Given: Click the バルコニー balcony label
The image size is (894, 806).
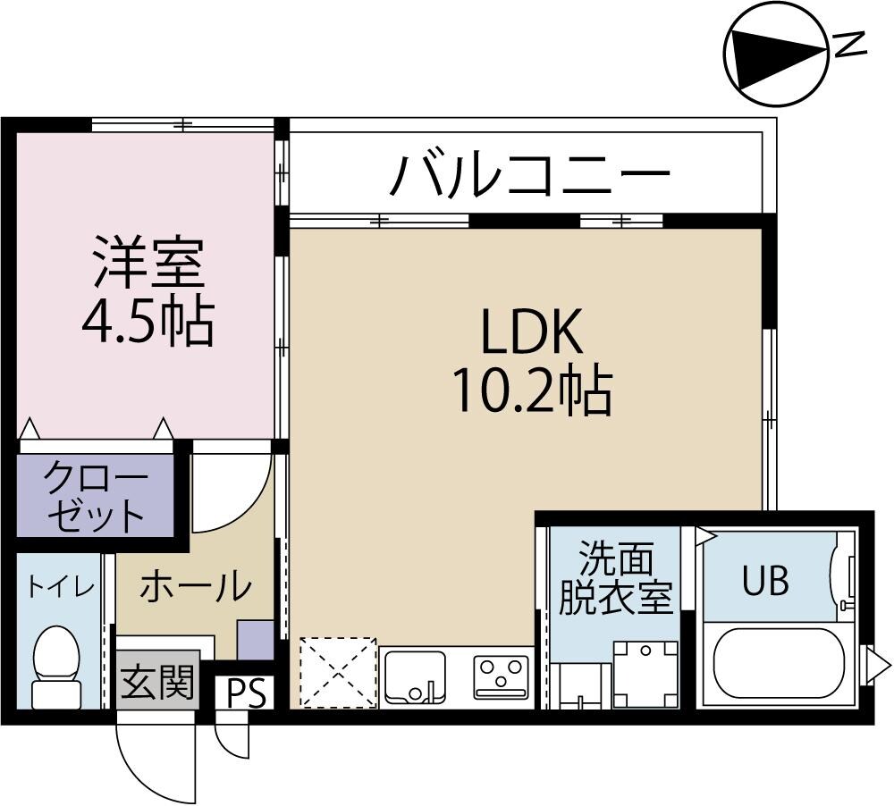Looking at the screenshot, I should (x=529, y=174).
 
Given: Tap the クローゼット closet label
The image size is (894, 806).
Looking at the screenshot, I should (x=96, y=495).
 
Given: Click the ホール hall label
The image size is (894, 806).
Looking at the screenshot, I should (x=195, y=587).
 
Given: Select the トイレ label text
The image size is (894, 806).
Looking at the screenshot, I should (x=59, y=587).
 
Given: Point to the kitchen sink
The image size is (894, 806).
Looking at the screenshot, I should (x=413, y=675).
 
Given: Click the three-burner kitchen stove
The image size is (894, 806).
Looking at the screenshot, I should (x=501, y=677).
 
